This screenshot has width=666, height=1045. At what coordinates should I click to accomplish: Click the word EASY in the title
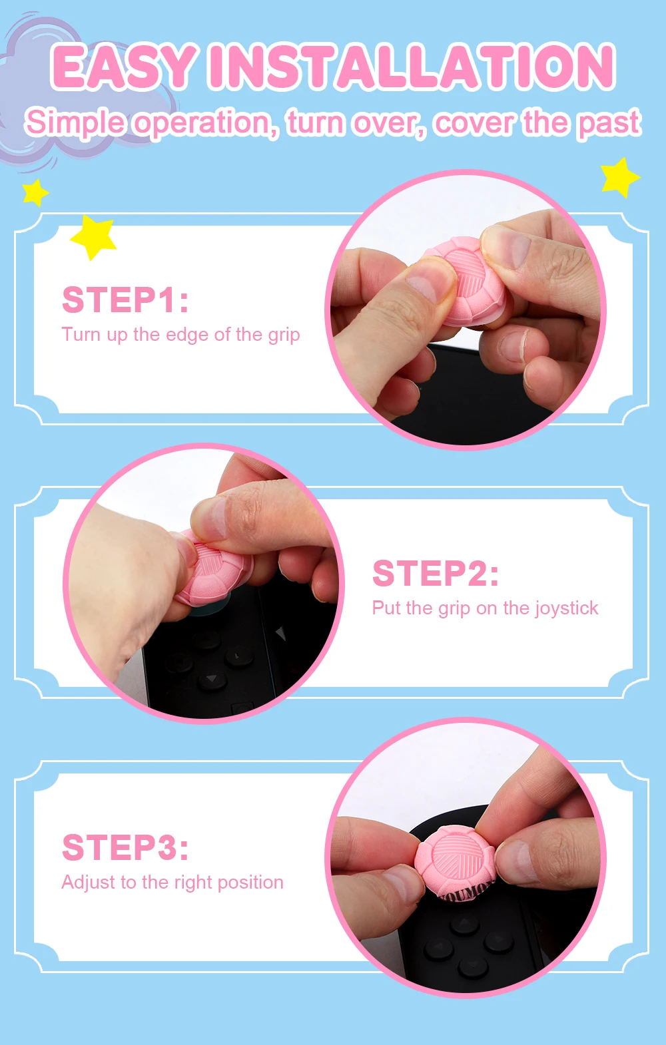point(123,67)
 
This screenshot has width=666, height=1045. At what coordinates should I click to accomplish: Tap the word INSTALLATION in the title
point(412,67)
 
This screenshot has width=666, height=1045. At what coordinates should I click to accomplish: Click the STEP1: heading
point(125,300)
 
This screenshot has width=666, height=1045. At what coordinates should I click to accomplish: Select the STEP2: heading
point(436,573)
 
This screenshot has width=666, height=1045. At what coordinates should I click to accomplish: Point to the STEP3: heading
point(125,848)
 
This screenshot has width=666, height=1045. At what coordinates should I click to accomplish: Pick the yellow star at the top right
point(619,177)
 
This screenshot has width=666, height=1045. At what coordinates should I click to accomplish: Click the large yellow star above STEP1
point(93,236)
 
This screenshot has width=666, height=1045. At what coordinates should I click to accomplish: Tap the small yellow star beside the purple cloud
point(35,192)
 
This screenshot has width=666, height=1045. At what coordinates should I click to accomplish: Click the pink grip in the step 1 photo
point(467,281)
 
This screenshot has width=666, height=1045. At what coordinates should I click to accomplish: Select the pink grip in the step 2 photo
point(214,568)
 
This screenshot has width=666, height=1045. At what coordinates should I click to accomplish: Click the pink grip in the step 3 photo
point(454,861)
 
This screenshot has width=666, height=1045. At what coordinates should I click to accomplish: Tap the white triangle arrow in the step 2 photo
point(280,633)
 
